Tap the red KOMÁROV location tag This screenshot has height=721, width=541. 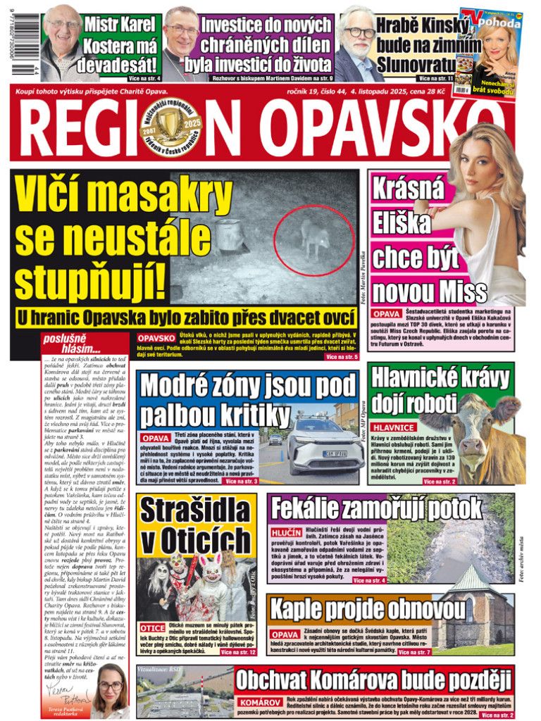click(x=261, y=703)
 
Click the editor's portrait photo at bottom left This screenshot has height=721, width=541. click(x=111, y=686)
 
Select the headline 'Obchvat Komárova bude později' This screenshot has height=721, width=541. click(x=373, y=679)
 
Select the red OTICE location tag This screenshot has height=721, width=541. click(x=152, y=627)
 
